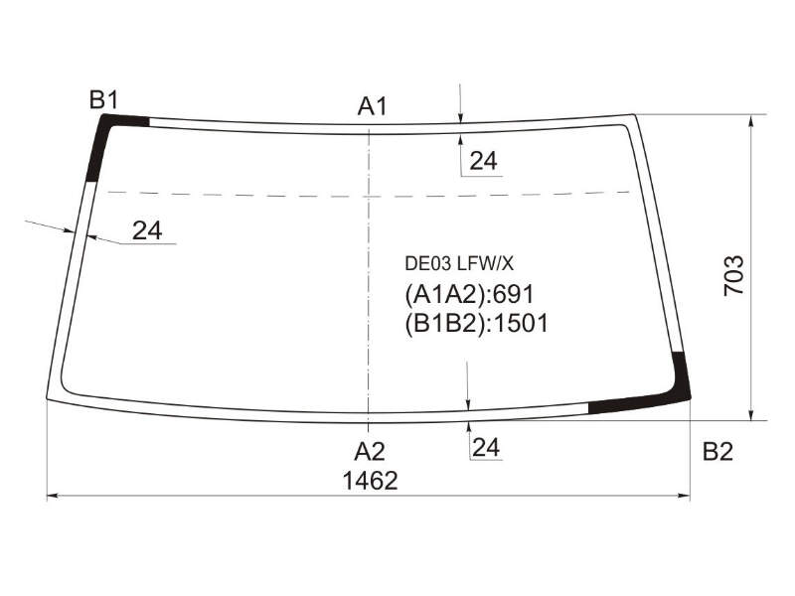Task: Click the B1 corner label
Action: click(x=104, y=100)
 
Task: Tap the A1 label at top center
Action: click(x=372, y=106)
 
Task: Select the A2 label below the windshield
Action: click(x=370, y=451)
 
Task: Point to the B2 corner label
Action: click(x=717, y=451)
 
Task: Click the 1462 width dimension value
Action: click(x=370, y=481)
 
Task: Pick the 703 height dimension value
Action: click(x=733, y=276)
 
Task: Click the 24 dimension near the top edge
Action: click(x=483, y=161)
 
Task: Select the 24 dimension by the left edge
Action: click(x=147, y=230)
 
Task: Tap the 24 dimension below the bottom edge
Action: click(x=486, y=448)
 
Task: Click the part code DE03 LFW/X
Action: click(x=459, y=263)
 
